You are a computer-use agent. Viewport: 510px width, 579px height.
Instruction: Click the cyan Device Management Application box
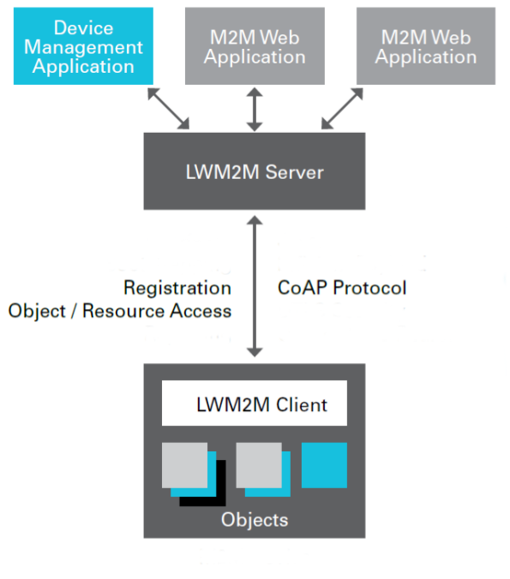[x=83, y=46]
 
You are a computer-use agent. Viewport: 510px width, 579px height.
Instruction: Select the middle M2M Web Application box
[x=255, y=46]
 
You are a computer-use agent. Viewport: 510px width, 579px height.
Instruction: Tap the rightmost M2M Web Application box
[x=426, y=46]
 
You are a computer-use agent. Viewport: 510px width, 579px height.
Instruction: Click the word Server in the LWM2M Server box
[x=294, y=172]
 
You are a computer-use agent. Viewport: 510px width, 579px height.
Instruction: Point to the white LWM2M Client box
[x=255, y=403]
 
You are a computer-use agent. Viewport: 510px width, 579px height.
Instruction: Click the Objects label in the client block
[x=255, y=520]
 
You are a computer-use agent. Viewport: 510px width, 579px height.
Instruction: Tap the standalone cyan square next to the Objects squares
[x=324, y=465]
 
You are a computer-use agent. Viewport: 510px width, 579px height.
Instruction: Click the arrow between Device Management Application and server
[x=169, y=109]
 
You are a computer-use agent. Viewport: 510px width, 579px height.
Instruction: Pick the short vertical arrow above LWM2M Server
[x=255, y=110]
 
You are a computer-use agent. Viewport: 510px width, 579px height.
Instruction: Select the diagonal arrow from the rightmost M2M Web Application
[x=342, y=109]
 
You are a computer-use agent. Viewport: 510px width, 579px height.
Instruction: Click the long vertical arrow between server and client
[x=255, y=287]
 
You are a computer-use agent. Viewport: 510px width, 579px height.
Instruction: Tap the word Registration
[x=177, y=288]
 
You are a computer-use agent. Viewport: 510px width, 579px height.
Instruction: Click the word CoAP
[x=303, y=288]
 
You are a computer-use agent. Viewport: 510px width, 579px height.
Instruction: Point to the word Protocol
[x=369, y=288]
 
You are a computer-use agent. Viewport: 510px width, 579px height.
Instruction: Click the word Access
[x=201, y=311]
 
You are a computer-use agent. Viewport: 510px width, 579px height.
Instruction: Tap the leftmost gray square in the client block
[x=184, y=465]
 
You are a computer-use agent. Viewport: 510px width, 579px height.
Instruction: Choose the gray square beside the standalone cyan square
[x=259, y=465]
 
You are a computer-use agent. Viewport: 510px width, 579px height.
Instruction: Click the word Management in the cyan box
[x=83, y=47]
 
